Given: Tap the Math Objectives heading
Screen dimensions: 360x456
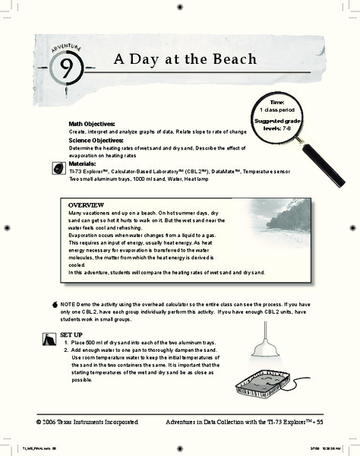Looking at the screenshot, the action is [91, 123].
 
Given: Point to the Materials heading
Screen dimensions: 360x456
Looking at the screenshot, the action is [83, 163].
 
